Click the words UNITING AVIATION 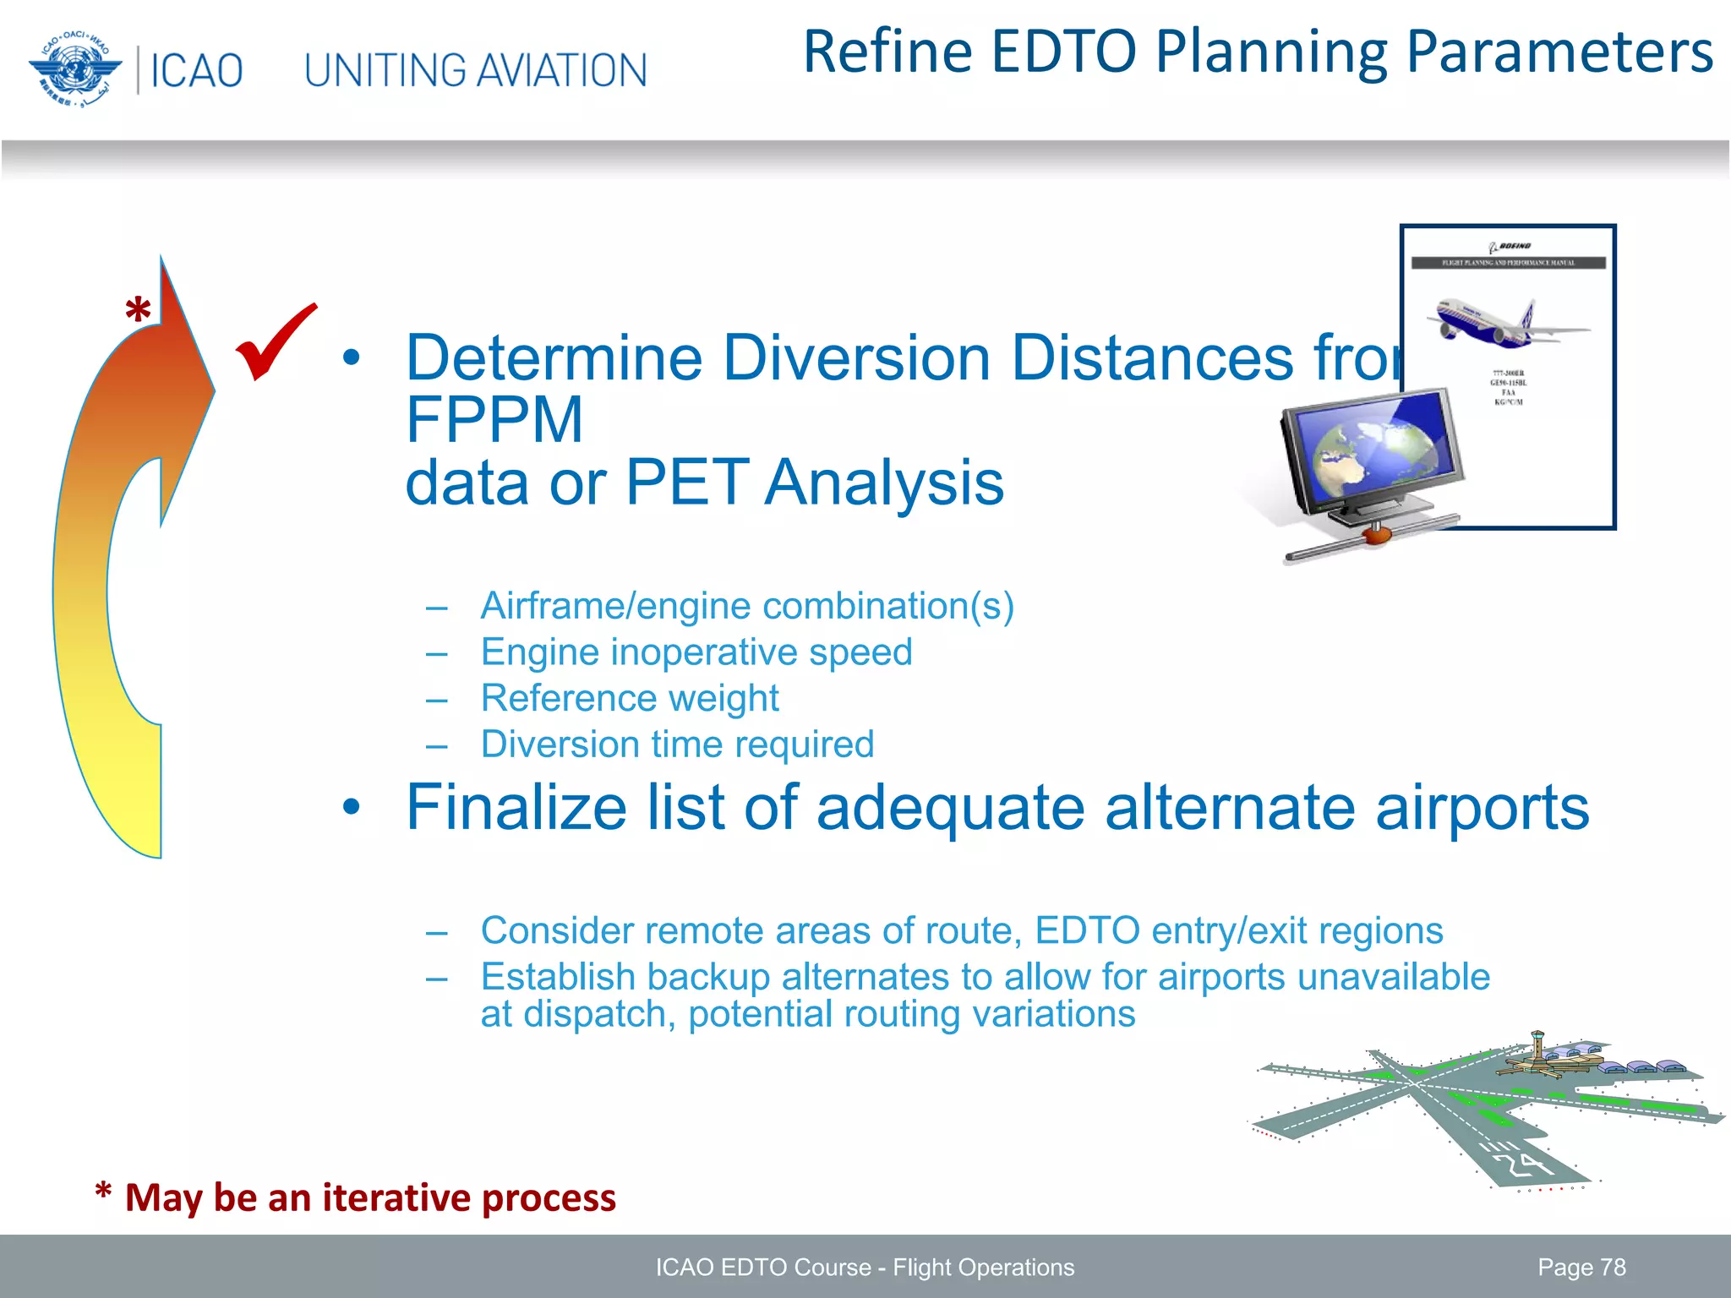click(475, 71)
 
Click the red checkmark click(275, 342)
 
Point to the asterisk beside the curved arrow click(138, 312)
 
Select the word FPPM click(494, 420)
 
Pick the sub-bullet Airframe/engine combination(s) click(747, 606)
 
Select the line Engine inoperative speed click(696, 652)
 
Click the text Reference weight click(630, 698)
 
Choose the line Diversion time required click(677, 744)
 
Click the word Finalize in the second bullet click(516, 807)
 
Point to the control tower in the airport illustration click(1537, 1046)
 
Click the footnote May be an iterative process click(369, 1197)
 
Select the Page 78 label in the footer click(1581, 1267)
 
